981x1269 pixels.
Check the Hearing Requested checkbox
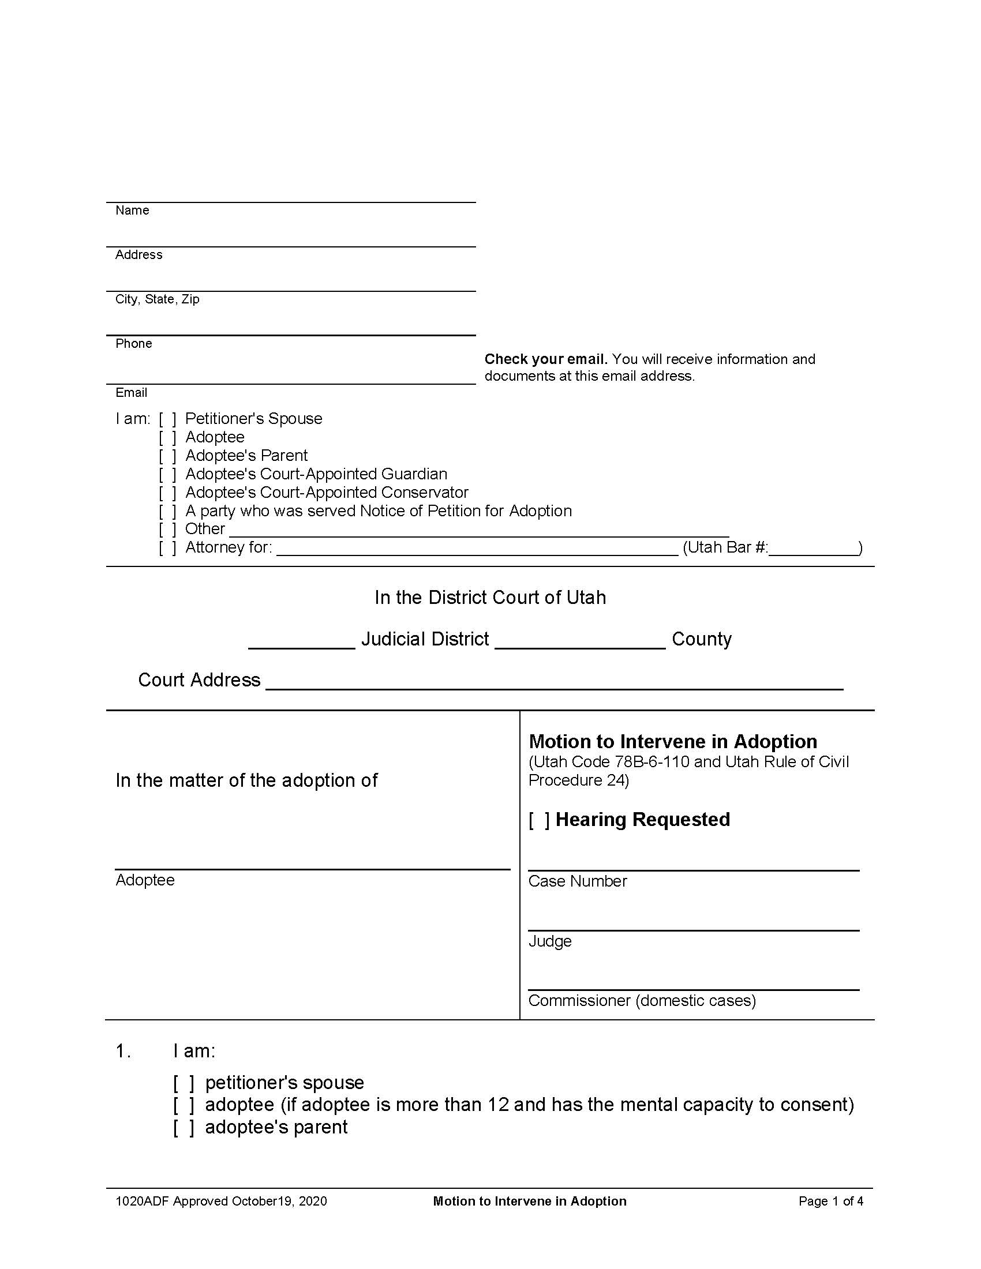[x=540, y=820]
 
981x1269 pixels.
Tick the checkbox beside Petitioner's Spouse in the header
[x=167, y=419]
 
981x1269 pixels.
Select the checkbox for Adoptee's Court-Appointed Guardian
[x=167, y=475]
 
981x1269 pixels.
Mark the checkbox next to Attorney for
[x=167, y=548]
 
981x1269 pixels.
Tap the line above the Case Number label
[x=693, y=869]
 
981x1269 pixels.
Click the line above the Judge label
[x=693, y=930]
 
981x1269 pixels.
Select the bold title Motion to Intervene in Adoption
[x=673, y=742]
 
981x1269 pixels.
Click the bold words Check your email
[x=546, y=359]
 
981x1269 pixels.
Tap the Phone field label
[x=134, y=343]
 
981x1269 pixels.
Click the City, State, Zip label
[x=157, y=299]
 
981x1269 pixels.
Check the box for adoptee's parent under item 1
[x=183, y=1127]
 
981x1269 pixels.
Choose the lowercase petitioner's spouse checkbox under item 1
[x=183, y=1083]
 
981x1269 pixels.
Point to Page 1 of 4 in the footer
[x=830, y=1201]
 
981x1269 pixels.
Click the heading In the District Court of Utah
[x=490, y=598]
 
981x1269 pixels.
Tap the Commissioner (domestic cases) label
[x=642, y=1001]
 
